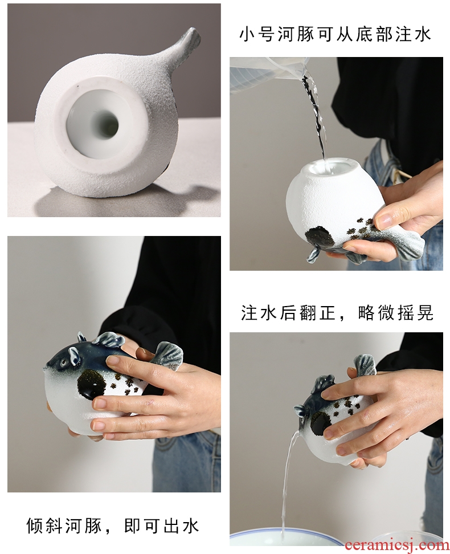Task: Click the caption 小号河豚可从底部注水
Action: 335,35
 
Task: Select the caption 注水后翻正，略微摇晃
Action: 337,312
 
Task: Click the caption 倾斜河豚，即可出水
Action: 113,526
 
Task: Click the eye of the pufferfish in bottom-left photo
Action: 63,362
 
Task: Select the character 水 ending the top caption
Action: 423,35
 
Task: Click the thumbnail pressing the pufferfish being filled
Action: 384,220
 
